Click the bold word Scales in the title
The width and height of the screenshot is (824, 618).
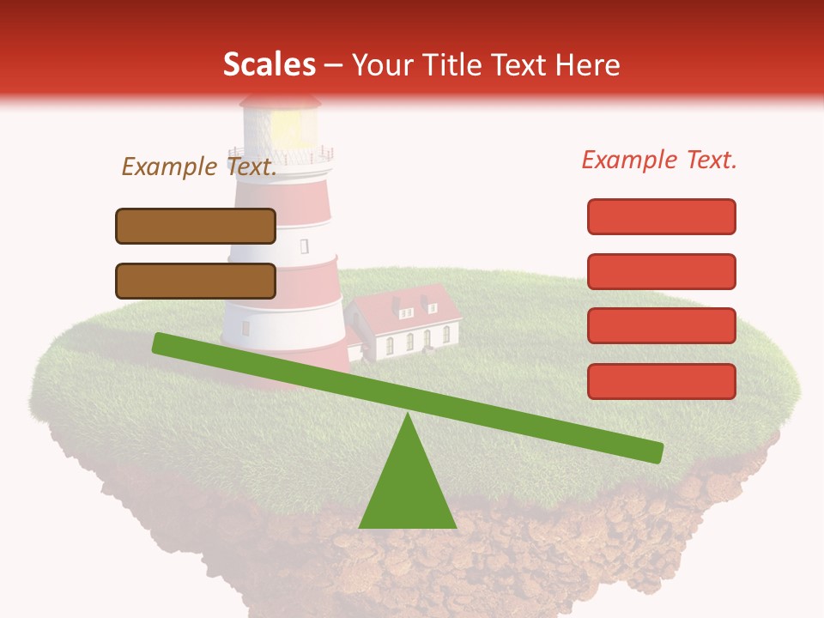269,64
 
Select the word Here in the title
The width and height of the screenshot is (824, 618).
585,64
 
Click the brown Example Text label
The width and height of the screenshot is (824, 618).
199,167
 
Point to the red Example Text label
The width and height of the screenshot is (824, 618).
659,159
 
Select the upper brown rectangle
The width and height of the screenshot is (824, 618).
196,226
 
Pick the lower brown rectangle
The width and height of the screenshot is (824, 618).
196,281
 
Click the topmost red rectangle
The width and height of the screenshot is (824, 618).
662,216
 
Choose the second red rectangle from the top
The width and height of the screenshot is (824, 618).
662,271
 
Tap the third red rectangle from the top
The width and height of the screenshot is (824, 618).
662,326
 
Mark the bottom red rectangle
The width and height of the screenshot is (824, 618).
662,381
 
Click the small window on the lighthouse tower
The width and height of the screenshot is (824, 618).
304,246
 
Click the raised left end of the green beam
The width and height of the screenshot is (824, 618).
163,342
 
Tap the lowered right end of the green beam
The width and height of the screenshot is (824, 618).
652,452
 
